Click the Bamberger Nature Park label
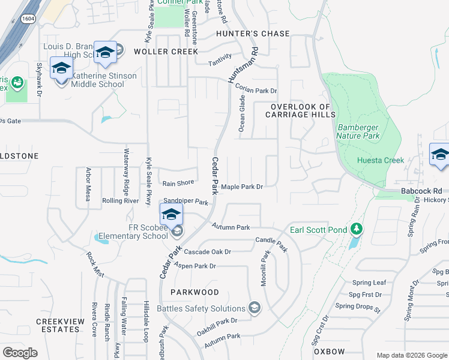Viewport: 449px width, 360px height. pyautogui.click(x=360, y=131)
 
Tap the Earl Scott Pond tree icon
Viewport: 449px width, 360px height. pyautogui.click(x=357, y=229)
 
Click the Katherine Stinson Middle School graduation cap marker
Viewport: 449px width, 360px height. pyautogui.click(x=61, y=70)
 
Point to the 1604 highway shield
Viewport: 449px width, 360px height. pyautogui.click(x=27, y=19)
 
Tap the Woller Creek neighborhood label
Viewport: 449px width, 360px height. pyautogui.click(x=166, y=52)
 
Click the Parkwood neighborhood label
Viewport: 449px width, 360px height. pyautogui.click(x=194, y=292)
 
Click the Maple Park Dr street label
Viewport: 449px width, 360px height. pyautogui.click(x=243, y=187)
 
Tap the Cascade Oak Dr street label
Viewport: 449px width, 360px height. pyautogui.click(x=207, y=252)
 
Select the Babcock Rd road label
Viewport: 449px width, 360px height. pyautogui.click(x=421, y=191)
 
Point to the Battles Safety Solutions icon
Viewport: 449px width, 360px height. pyautogui.click(x=255, y=308)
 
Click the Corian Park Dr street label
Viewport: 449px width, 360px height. pyautogui.click(x=256, y=89)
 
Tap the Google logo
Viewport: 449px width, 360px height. pyautogui.click(x=20, y=353)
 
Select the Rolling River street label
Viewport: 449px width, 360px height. pyautogui.click(x=120, y=200)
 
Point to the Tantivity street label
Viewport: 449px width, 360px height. pyautogui.click(x=220, y=63)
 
